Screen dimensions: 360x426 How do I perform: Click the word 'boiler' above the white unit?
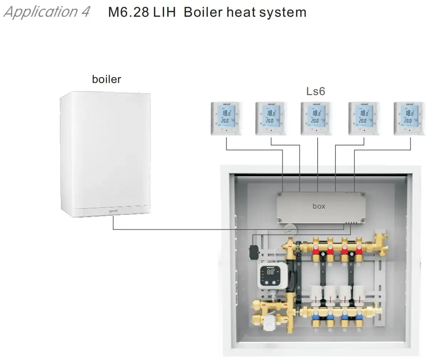pyautogui.click(x=106, y=79)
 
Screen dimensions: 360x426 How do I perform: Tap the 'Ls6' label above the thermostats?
pyautogui.click(x=315, y=92)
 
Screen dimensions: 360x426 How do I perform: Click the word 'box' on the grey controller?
pyautogui.click(x=319, y=206)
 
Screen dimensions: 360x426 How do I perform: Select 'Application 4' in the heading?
pyautogui.click(x=46, y=12)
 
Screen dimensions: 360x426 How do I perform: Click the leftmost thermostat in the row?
pyautogui.click(x=226, y=119)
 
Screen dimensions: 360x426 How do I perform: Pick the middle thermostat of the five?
pyautogui.click(x=316, y=119)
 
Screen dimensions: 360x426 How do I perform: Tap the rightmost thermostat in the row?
pyautogui.click(x=409, y=119)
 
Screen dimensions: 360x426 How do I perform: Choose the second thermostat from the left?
pyautogui.click(x=271, y=119)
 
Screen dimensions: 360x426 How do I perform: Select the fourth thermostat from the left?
pyautogui.click(x=364, y=119)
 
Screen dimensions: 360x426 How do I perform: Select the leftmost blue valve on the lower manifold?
pyautogui.click(x=316, y=315)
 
